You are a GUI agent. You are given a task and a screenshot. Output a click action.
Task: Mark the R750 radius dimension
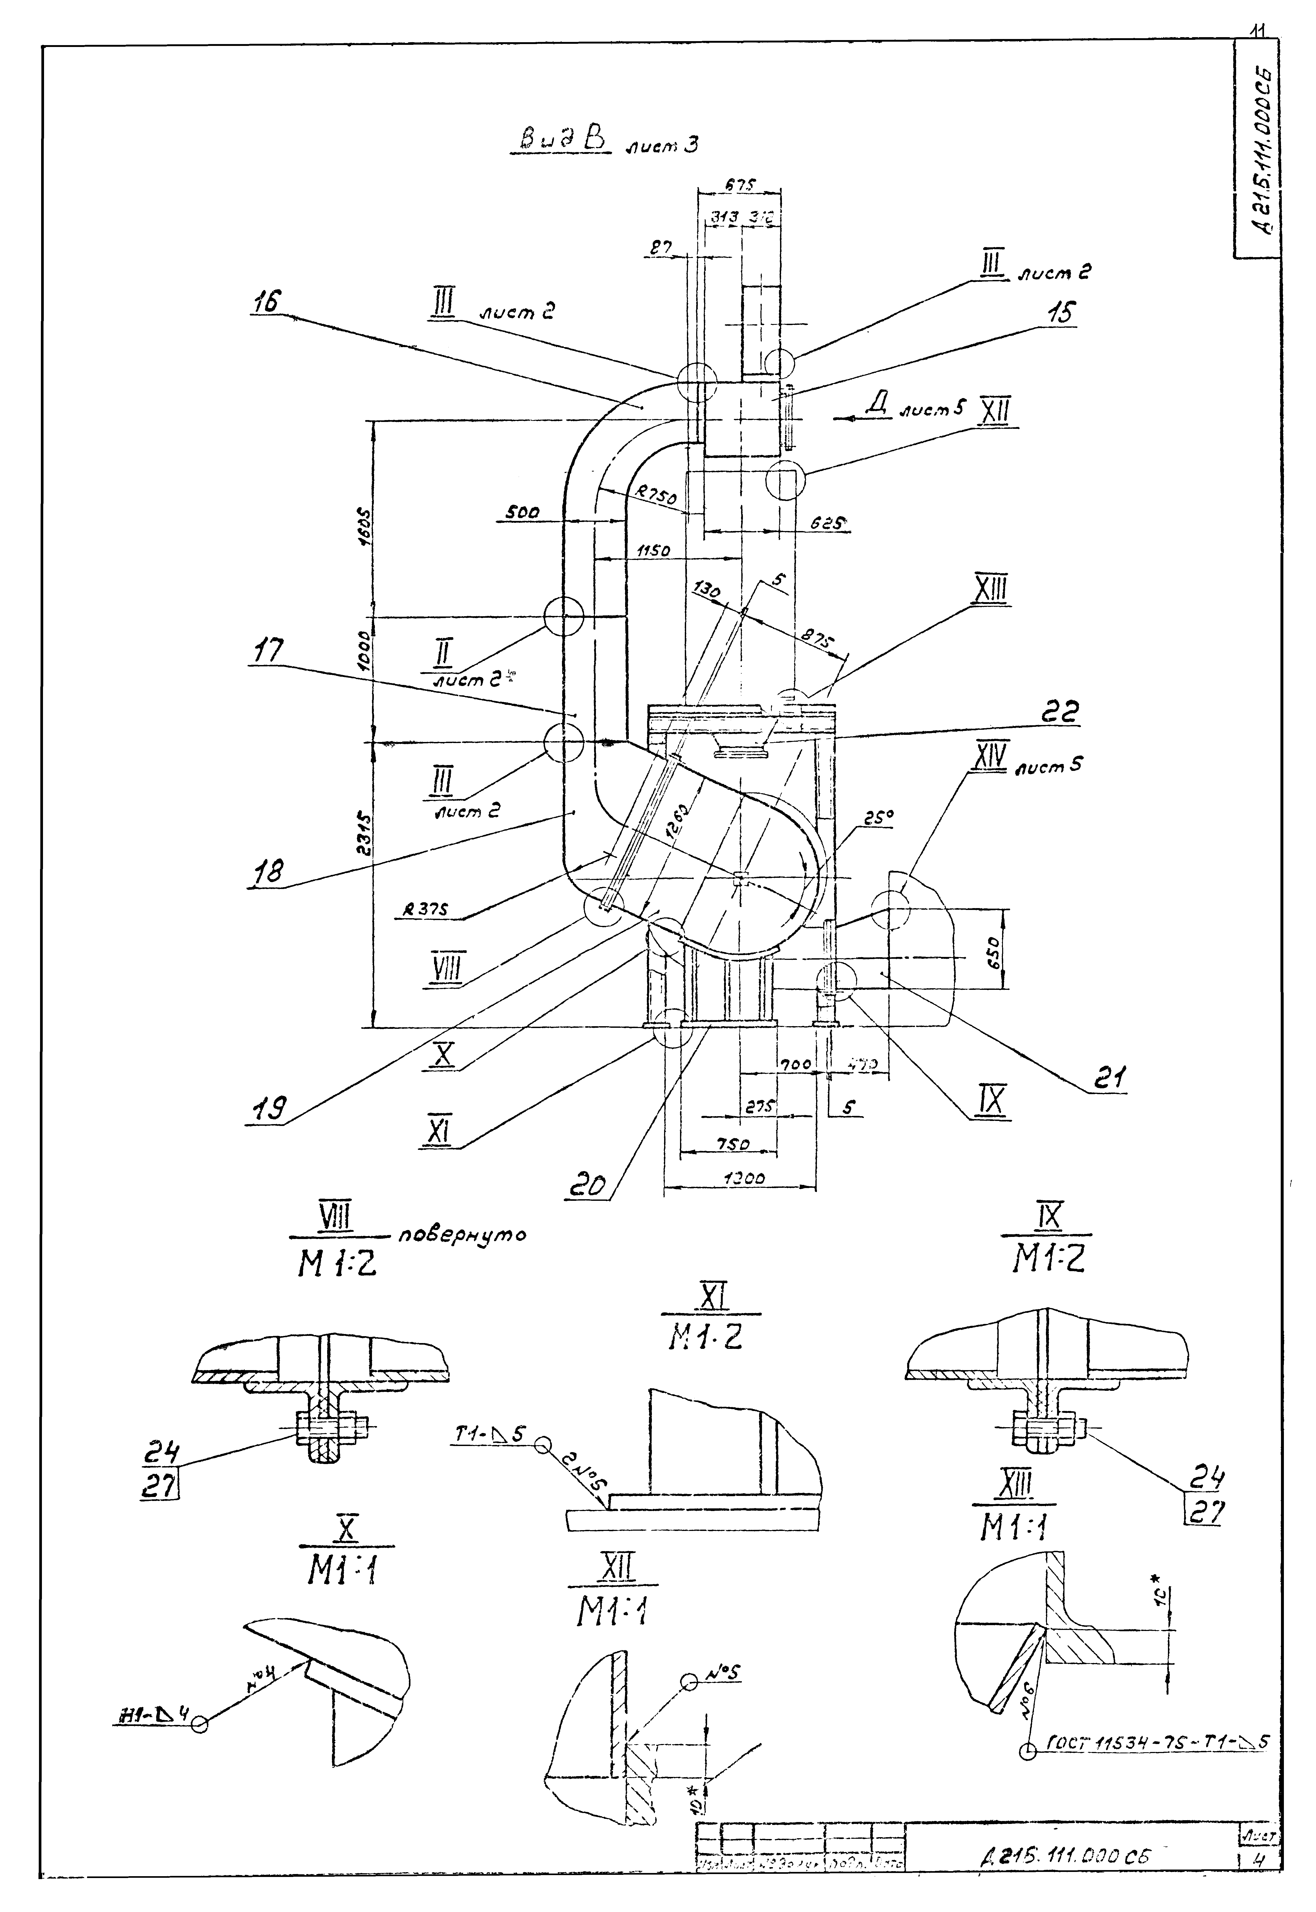[x=656, y=495]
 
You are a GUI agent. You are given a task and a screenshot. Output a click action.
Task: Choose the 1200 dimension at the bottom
[x=743, y=1179]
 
